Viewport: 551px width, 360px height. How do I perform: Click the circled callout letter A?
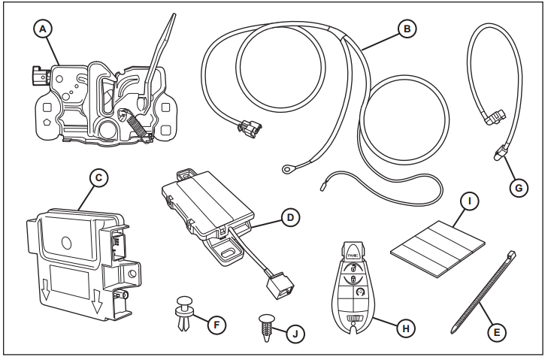(44, 29)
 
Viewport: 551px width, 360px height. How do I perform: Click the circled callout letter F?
(216, 325)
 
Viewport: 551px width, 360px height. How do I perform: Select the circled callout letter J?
(299, 332)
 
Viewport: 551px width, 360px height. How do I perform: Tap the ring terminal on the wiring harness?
(287, 171)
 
